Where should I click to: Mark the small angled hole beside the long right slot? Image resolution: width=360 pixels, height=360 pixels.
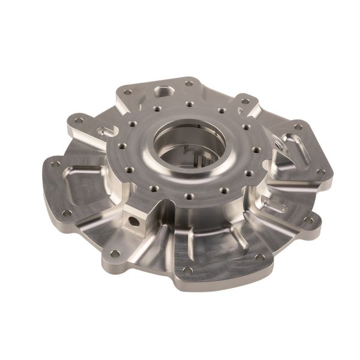pos(277,144)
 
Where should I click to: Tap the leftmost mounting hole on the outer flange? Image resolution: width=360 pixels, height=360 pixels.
pos(56,164)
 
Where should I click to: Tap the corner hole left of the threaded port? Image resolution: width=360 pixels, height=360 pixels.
pos(127,92)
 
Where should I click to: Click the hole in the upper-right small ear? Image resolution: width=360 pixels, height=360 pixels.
pos(245,101)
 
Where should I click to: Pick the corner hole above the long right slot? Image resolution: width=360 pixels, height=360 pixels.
pos(298,127)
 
